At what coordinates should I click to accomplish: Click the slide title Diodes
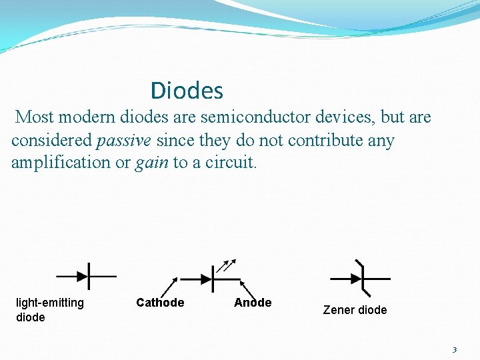[x=187, y=91]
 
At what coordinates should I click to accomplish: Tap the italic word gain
[x=152, y=163]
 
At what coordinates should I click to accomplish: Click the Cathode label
[x=160, y=303]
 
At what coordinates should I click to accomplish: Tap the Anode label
[x=253, y=303]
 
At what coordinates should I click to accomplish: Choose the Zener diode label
[x=355, y=310]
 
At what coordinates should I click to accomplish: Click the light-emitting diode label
[x=50, y=310]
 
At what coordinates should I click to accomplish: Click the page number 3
[x=454, y=350]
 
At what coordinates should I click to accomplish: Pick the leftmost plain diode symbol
[x=86, y=275]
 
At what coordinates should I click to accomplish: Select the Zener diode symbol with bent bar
[x=361, y=276]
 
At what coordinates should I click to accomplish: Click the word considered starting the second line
[x=52, y=141]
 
